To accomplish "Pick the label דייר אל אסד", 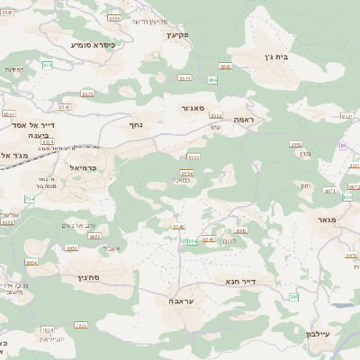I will click(x=36, y=125).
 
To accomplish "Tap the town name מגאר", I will click(x=326, y=220).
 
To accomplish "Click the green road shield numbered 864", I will click(x=212, y=80).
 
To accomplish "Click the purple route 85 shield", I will click(x=343, y=145).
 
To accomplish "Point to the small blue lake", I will click(x=342, y=304).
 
